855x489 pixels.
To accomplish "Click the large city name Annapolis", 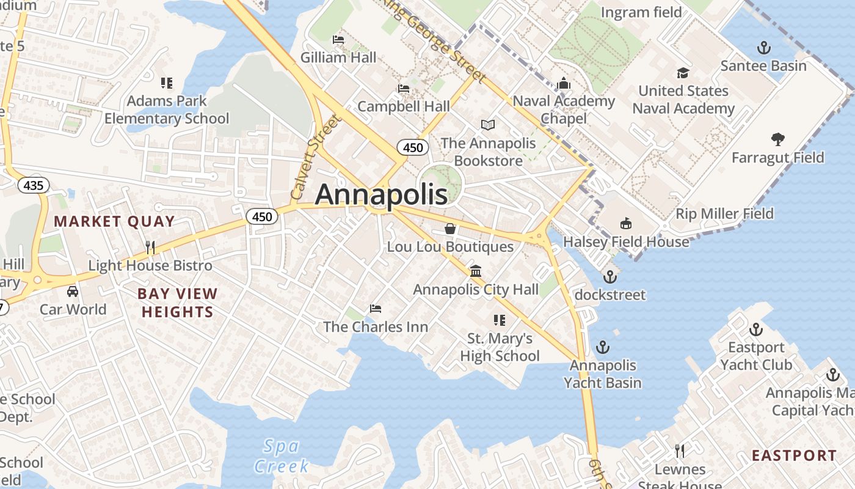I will pyautogui.click(x=381, y=194).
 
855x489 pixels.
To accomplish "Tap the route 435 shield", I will pyautogui.click(x=33, y=185).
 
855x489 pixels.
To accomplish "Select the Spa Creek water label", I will pyautogui.click(x=281, y=456).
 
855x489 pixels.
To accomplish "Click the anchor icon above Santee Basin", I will pyautogui.click(x=763, y=48).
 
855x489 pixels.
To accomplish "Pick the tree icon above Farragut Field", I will pyautogui.click(x=777, y=139).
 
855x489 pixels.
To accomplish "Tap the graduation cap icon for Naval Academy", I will pyautogui.click(x=683, y=73).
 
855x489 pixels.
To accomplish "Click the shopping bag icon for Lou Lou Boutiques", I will pyautogui.click(x=450, y=229).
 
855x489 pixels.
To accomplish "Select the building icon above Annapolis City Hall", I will pyautogui.click(x=476, y=271).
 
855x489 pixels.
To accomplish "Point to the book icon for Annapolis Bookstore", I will pyautogui.click(x=488, y=125).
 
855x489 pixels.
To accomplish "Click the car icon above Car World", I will pyautogui.click(x=73, y=291).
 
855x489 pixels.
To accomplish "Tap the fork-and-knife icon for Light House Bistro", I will pyautogui.click(x=150, y=247).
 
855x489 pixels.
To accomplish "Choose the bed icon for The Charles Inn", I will pyautogui.click(x=376, y=308).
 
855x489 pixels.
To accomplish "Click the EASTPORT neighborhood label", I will pyautogui.click(x=794, y=455).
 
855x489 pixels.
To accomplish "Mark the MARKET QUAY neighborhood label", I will pyautogui.click(x=115, y=221).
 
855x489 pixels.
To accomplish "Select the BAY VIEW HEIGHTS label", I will pyautogui.click(x=177, y=303).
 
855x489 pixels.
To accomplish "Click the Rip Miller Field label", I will pyautogui.click(x=724, y=214).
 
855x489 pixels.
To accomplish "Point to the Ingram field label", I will pyautogui.click(x=641, y=12).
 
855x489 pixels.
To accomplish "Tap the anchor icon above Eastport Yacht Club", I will pyautogui.click(x=756, y=329).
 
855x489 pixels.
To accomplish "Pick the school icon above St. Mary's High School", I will pyautogui.click(x=500, y=320).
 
